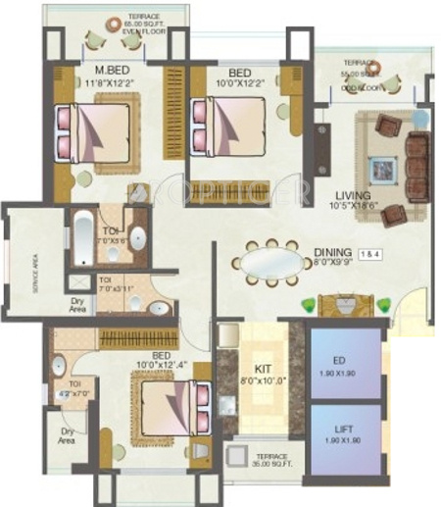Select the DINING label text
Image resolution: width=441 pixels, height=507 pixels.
pos(331,252)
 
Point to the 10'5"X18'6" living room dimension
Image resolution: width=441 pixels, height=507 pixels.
pos(350,208)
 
